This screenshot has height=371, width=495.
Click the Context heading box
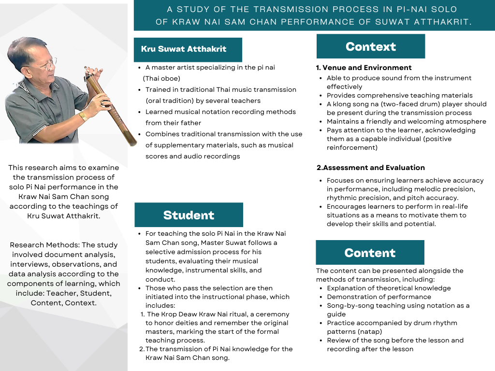[371, 46]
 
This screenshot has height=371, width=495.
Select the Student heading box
[189, 215]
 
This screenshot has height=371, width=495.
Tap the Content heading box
[370, 253]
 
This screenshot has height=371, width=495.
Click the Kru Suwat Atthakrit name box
[184, 49]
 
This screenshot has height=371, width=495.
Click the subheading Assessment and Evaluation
[371, 168]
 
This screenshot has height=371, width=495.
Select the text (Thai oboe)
[161, 78]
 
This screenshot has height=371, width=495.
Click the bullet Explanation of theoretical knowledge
[389, 288]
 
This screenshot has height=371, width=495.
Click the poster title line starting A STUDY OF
[311, 9]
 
